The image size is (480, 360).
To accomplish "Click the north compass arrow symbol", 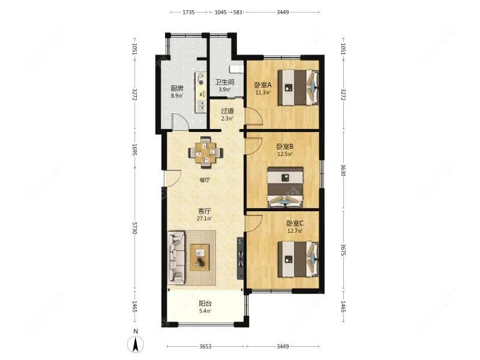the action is (x=136, y=344).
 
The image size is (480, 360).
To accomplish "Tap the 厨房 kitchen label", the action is (x=177, y=89).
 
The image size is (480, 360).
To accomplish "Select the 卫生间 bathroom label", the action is (x=224, y=82).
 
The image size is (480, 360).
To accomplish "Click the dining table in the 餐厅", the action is (x=205, y=152).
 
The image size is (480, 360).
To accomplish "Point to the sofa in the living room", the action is (x=176, y=257).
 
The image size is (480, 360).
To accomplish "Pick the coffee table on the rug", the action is (x=200, y=257).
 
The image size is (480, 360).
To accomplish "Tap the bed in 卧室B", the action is (x=286, y=187).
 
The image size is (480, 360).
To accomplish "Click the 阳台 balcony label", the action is (x=205, y=304).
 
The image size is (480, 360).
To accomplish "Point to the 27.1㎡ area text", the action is (x=204, y=218).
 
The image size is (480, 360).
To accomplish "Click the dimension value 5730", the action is (x=134, y=229).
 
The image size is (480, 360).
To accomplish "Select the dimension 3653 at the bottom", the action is (x=205, y=347).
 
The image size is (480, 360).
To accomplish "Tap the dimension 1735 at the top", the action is (x=188, y=12).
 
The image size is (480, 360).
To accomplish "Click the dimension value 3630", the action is (x=343, y=170).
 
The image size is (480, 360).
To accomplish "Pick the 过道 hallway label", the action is (x=227, y=111).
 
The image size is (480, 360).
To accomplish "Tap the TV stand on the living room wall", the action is (x=241, y=259).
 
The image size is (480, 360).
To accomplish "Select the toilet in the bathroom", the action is (x=236, y=69).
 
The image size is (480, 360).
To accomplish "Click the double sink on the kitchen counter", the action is (x=201, y=106).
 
